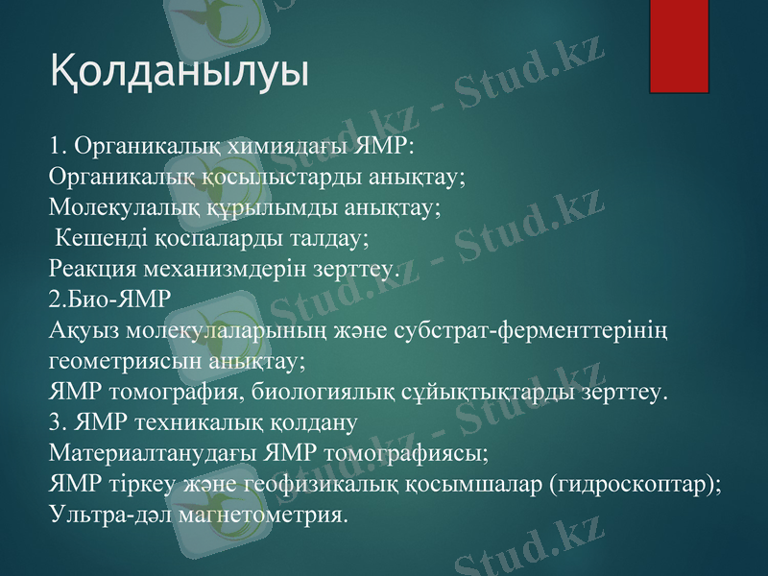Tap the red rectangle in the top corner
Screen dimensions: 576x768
point(680,46)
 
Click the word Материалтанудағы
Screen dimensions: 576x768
point(152,452)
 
